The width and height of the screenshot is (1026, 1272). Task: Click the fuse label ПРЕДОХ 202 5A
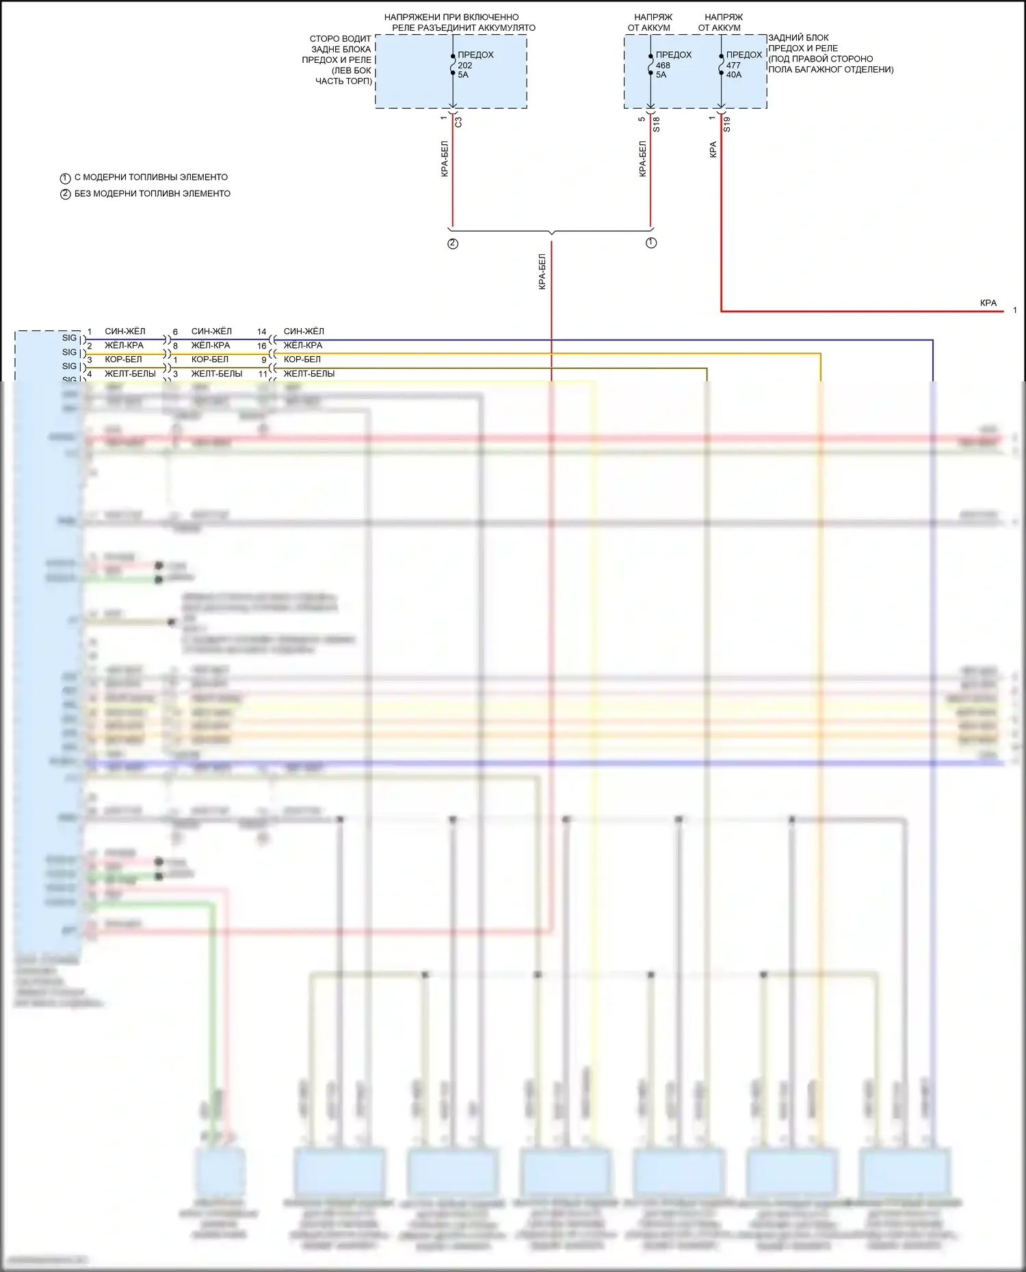click(x=475, y=64)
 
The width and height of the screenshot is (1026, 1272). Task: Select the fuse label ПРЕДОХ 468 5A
click(x=673, y=64)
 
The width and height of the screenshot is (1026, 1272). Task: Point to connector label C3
click(x=458, y=122)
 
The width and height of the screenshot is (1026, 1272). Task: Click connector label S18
click(x=656, y=124)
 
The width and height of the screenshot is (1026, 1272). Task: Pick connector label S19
click(x=726, y=124)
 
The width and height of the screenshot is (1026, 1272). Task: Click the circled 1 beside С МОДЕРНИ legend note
click(x=66, y=178)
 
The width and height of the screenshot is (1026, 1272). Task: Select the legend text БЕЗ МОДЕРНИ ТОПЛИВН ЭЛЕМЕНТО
click(x=152, y=193)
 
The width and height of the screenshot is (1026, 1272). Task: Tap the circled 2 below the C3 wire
click(x=453, y=243)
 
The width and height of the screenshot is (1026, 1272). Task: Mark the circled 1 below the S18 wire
click(x=651, y=243)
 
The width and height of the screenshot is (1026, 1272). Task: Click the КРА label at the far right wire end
click(x=988, y=303)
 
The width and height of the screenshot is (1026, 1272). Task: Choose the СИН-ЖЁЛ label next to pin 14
click(x=304, y=331)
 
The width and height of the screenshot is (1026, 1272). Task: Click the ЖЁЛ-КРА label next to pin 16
click(x=302, y=345)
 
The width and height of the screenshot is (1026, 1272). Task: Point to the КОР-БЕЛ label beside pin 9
click(x=302, y=359)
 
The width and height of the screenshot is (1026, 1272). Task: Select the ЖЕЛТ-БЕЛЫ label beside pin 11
click(x=309, y=373)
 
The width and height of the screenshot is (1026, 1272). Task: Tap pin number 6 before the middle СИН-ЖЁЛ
click(x=175, y=331)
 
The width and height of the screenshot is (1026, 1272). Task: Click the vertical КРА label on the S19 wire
click(x=713, y=150)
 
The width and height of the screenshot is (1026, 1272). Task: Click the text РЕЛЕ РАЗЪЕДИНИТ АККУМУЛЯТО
click(x=463, y=28)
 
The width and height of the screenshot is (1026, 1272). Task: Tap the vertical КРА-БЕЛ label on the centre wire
click(x=542, y=272)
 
